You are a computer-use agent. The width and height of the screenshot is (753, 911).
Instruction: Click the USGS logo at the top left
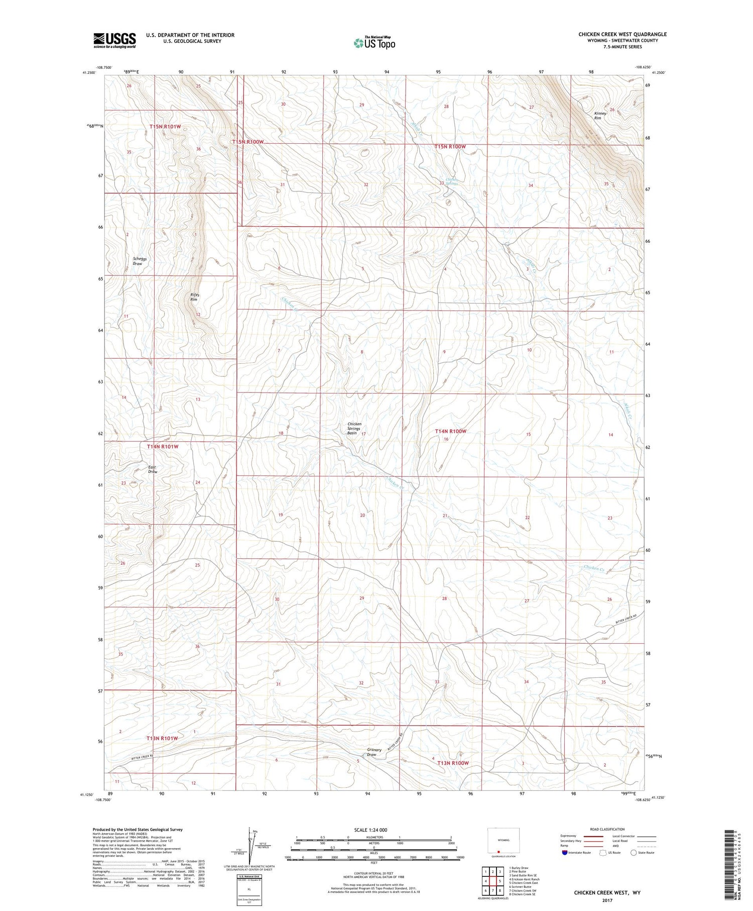[x=114, y=40]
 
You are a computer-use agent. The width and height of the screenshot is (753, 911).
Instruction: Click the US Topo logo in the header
[x=374, y=43]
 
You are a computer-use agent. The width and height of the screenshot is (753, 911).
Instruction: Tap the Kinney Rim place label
[x=600, y=116]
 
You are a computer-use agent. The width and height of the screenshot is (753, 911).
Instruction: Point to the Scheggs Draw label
[x=138, y=261]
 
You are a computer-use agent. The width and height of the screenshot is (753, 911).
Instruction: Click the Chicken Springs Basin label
[x=354, y=428]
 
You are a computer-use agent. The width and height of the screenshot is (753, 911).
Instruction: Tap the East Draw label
[x=152, y=469]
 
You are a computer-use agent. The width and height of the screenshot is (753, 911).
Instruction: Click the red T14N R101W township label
[x=163, y=446]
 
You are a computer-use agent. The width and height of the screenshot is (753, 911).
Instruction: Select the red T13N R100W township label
[x=453, y=763]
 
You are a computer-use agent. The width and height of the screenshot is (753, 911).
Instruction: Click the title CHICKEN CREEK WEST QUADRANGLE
[x=622, y=34]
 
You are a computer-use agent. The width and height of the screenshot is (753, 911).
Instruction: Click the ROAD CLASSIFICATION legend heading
[x=607, y=829]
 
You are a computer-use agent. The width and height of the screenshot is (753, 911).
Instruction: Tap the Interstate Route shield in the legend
[x=565, y=853]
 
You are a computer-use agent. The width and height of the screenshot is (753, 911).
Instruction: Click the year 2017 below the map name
[x=607, y=900]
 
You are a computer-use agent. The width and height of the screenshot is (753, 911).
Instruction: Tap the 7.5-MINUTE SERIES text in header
[x=622, y=47]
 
